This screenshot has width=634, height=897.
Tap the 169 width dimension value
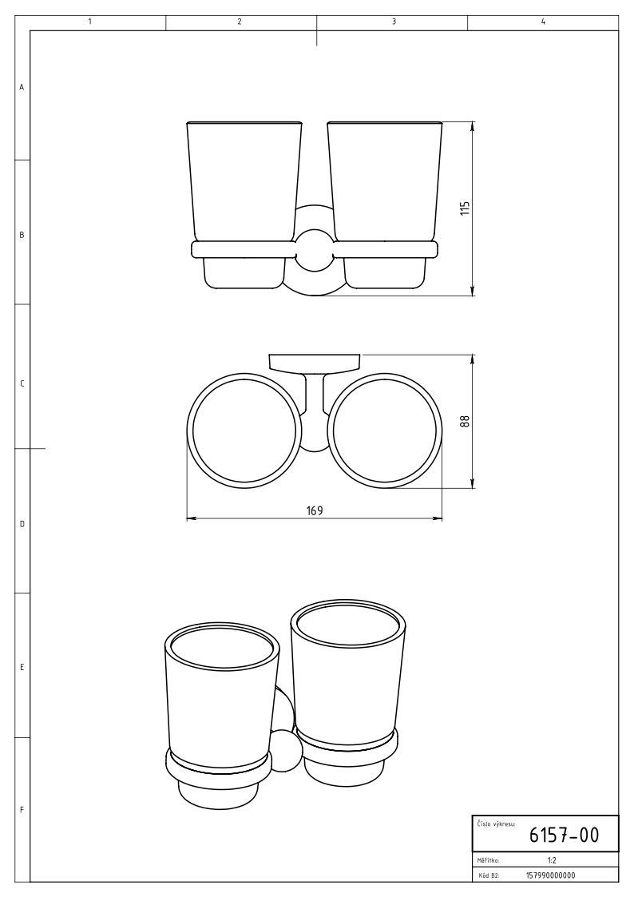tap(315, 510)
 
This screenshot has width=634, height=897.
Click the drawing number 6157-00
tap(564, 835)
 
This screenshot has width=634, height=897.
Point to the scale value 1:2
tap(552, 859)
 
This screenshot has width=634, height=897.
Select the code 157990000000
tap(550, 875)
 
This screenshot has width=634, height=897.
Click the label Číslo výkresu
tap(496, 824)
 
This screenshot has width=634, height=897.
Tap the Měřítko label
tap(488, 859)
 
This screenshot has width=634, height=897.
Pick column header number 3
tap(394, 22)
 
